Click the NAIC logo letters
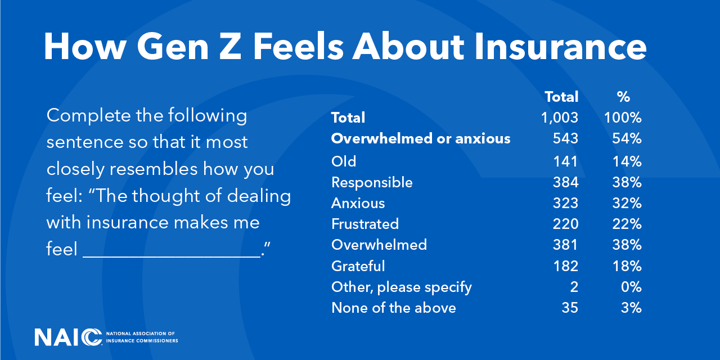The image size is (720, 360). tap(68, 337)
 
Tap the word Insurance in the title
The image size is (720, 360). tap(560, 47)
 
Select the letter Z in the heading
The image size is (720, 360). tap(230, 47)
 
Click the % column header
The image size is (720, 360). tap(623, 97)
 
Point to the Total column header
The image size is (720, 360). tap(561, 97)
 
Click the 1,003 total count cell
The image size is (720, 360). tap(560, 118)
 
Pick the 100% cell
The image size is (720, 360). tap(623, 118)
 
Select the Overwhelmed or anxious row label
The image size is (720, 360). tap(421, 138)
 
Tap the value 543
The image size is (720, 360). tap(565, 138)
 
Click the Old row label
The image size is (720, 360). tap(344, 161)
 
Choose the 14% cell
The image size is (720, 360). tap(627, 161)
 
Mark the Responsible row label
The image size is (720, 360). tap(372, 183)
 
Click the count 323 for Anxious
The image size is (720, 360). tap(565, 203)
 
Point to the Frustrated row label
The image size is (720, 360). tap(365, 224)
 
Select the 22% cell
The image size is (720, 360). tap(627, 224)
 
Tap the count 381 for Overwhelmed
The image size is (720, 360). tap(565, 245)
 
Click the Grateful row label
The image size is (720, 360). tap(358, 266)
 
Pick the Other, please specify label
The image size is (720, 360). tap(402, 287)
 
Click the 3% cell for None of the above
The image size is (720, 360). tap(631, 308)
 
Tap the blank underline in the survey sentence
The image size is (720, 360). tap(172, 256)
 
